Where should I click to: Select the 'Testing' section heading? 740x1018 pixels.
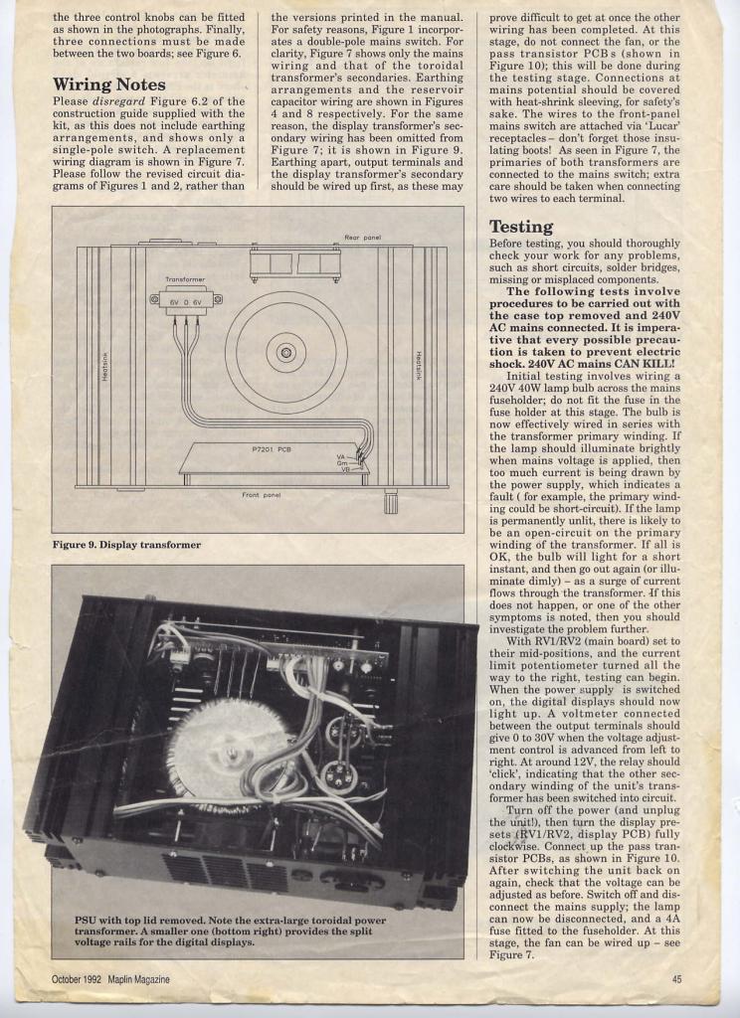click(521, 227)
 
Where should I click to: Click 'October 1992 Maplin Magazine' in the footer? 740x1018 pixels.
click(110, 979)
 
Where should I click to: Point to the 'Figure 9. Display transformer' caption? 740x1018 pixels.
click(126, 545)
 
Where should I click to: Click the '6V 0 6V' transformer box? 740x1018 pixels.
click(186, 299)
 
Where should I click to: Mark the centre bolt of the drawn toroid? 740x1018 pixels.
click(285, 352)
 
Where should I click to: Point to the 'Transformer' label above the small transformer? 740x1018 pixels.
click(185, 280)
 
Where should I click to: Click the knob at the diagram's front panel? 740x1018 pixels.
click(391, 501)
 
